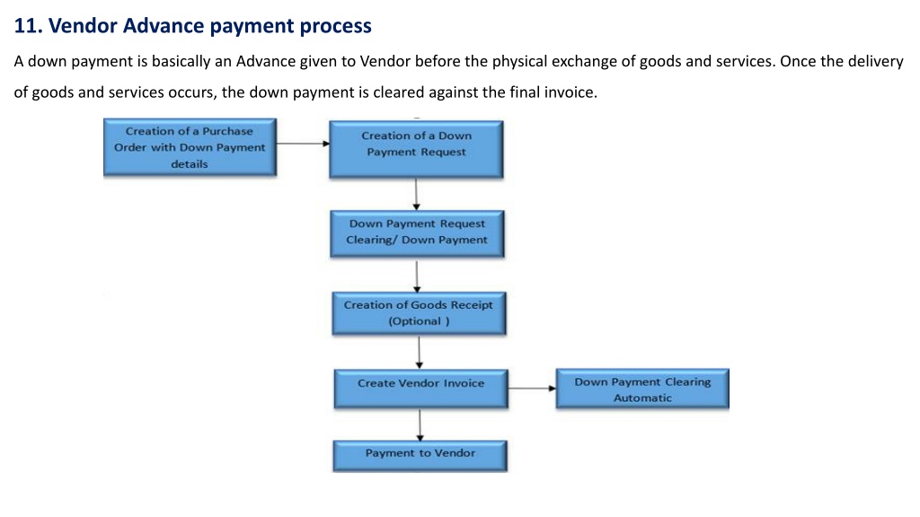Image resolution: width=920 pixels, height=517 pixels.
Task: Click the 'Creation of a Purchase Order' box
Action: (x=190, y=147)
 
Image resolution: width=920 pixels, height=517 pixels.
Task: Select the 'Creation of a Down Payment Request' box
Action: (x=416, y=150)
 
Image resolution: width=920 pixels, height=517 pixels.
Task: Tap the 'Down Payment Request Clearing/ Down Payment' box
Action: (x=417, y=234)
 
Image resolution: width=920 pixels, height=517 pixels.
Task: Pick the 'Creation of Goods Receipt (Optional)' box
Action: (x=419, y=313)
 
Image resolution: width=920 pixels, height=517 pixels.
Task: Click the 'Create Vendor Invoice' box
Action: (x=420, y=389)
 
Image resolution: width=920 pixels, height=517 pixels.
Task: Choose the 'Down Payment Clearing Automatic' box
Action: (x=642, y=388)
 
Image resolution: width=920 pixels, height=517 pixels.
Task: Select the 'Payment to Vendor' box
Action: (x=420, y=456)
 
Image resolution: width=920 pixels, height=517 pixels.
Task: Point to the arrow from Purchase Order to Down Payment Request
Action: (x=303, y=144)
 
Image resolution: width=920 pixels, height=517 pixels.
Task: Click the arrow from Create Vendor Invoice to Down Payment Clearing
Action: (x=532, y=388)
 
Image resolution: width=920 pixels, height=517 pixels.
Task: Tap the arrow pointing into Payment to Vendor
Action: (x=420, y=425)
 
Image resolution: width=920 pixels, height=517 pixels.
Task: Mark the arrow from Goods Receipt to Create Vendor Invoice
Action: (x=419, y=352)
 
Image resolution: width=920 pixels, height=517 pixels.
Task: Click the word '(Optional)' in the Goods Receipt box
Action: (x=419, y=321)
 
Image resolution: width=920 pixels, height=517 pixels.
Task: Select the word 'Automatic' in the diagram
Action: (x=642, y=398)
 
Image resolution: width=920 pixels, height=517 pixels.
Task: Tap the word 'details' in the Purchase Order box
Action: (x=190, y=164)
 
